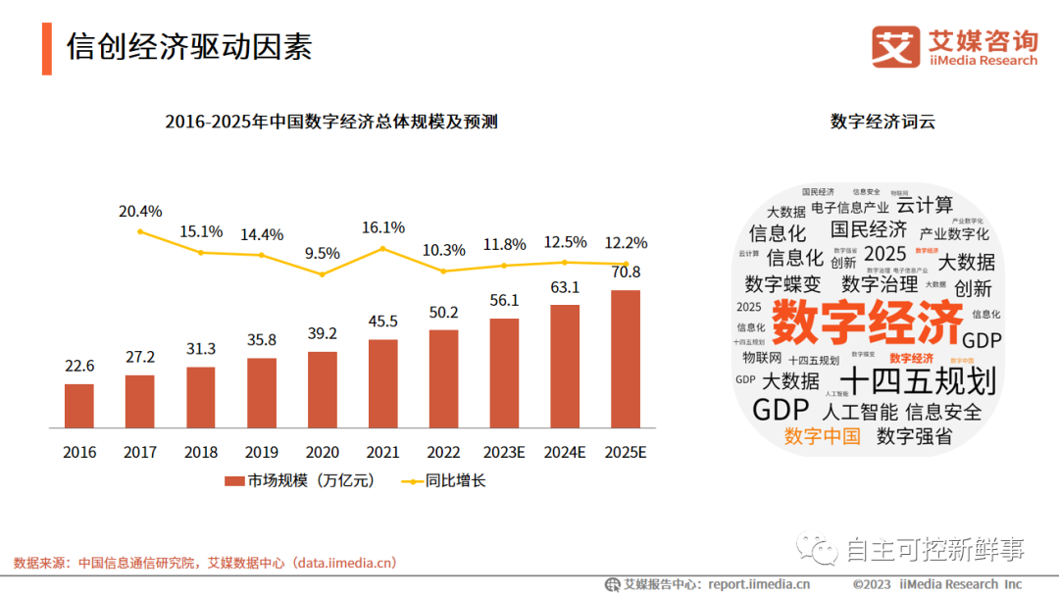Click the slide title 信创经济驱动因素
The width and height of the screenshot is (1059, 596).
[189, 47]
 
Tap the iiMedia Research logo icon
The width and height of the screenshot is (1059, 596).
[895, 47]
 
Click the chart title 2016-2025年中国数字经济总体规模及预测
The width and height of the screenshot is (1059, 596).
[331, 122]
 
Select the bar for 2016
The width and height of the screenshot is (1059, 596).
[79, 406]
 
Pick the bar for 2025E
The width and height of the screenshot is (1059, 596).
[625, 359]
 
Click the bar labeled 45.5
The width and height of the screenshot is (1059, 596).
[382, 383]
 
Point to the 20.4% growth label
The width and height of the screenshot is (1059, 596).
[140, 211]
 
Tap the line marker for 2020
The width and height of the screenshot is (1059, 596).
[322, 274]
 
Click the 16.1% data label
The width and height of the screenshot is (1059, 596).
[382, 227]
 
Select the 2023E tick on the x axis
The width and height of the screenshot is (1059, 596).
[503, 453]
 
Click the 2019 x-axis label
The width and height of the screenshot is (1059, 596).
[261, 453]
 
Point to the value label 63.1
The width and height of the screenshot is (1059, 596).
[564, 287]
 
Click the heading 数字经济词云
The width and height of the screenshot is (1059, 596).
[882, 122]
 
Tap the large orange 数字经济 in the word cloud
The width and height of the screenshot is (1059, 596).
[867, 322]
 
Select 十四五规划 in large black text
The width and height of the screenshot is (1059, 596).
[919, 380]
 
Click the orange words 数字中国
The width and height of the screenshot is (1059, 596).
[822, 436]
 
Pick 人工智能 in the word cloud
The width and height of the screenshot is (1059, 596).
[860, 412]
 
